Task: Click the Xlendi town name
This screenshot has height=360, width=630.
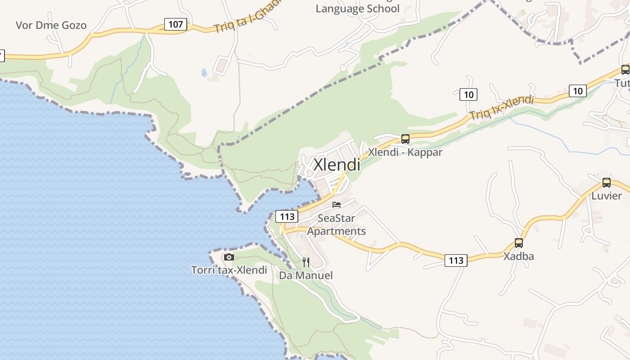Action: pos(337,165)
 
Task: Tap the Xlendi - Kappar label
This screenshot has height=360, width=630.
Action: pos(405,152)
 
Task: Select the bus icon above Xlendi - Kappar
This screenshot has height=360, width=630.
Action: pos(405,139)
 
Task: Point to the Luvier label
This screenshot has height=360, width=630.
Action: pos(607,196)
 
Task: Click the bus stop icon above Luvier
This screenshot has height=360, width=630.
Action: pos(607,183)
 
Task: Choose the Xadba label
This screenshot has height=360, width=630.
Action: pos(519,256)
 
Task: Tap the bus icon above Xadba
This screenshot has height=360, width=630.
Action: pos(519,243)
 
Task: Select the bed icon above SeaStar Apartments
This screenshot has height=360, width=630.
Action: pos(337,205)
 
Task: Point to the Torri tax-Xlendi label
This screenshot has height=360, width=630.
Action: pos(229,270)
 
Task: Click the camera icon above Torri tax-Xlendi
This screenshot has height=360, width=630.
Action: pos(229,257)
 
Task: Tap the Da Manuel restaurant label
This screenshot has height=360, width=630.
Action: pos(306,275)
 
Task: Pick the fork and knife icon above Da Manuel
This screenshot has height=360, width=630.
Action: pos(306,262)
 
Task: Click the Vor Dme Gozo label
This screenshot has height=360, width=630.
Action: pos(51,25)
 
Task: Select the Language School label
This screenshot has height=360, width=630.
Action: pos(358,9)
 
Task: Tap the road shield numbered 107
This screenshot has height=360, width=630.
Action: pos(175,24)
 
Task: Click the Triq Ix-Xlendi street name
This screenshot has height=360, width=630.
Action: pos(501,108)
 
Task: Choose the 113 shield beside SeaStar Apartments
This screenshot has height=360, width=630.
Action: pos(287,216)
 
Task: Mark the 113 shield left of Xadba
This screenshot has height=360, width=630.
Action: pos(456,260)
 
